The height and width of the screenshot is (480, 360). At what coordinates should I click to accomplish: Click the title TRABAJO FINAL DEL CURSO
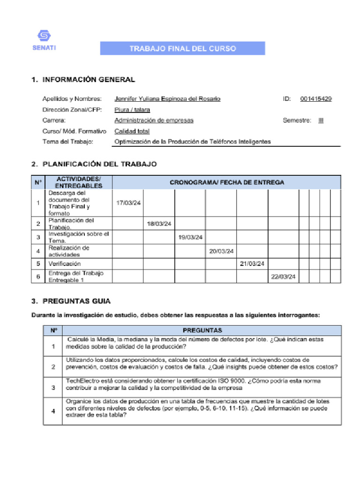pos(183,49)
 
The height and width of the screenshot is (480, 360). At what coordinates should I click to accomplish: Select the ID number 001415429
pos(316,99)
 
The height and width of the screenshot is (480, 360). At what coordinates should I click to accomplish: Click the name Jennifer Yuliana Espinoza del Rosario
pos(167,99)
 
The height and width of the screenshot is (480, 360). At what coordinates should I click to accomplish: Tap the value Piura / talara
pos(132,110)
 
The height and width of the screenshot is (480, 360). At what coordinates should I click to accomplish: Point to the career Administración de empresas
pos(154,120)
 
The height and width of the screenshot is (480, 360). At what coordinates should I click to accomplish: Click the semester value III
pos(321,120)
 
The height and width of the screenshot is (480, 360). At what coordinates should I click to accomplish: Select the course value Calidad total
pos(132,131)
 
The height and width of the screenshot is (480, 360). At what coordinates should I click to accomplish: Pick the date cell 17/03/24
pos(128,203)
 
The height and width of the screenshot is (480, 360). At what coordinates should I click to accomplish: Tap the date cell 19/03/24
pos(190,237)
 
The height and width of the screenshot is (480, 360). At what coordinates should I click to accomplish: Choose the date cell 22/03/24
pos(283,277)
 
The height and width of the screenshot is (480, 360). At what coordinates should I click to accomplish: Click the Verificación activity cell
pos(64,264)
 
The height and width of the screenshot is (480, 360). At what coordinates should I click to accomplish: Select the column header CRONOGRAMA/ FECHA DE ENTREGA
pos(226,182)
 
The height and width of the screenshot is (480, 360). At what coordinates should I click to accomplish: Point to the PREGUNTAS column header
pos(202,330)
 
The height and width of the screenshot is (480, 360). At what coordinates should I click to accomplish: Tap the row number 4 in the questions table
pos(53,411)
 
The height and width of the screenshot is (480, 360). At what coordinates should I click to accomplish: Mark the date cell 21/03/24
pos(252,264)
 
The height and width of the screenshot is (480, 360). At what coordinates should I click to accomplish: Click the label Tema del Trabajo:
pos(68,142)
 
